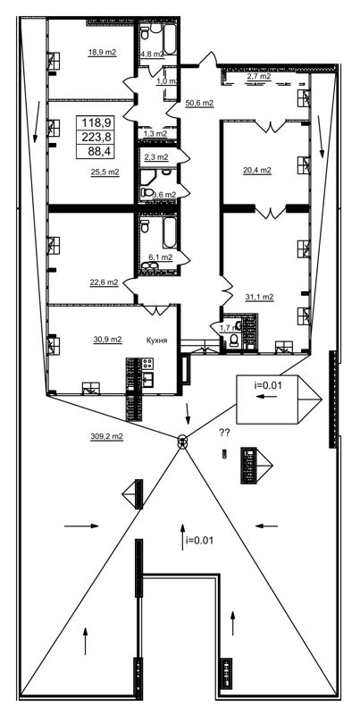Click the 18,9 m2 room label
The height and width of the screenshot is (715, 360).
[x=102, y=53]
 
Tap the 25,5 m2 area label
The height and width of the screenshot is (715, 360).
[x=105, y=172]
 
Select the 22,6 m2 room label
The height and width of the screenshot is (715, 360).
[x=104, y=282]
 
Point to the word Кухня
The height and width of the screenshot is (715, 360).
[x=157, y=341]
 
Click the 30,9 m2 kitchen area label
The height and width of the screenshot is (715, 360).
[x=107, y=340]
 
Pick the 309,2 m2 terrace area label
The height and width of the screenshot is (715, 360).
[x=106, y=436]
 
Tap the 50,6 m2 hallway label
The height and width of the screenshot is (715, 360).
[x=199, y=103]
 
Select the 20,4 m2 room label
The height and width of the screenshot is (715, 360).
[x=257, y=171]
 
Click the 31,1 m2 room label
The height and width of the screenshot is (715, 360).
[x=259, y=297]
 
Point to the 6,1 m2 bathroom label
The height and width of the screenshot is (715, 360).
[x=161, y=257]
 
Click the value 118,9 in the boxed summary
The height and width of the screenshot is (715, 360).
[x=96, y=122]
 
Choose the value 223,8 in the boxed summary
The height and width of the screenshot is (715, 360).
[x=96, y=137]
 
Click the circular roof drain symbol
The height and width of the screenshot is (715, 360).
[x=182, y=441]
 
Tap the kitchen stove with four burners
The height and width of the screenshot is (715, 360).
[x=147, y=364]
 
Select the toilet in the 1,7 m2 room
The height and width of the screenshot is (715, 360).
[x=234, y=341]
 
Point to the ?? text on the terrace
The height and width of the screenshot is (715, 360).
[x=224, y=433]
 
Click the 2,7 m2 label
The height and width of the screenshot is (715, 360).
[x=259, y=76]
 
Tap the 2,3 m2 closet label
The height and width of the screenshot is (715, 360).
[x=155, y=158]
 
